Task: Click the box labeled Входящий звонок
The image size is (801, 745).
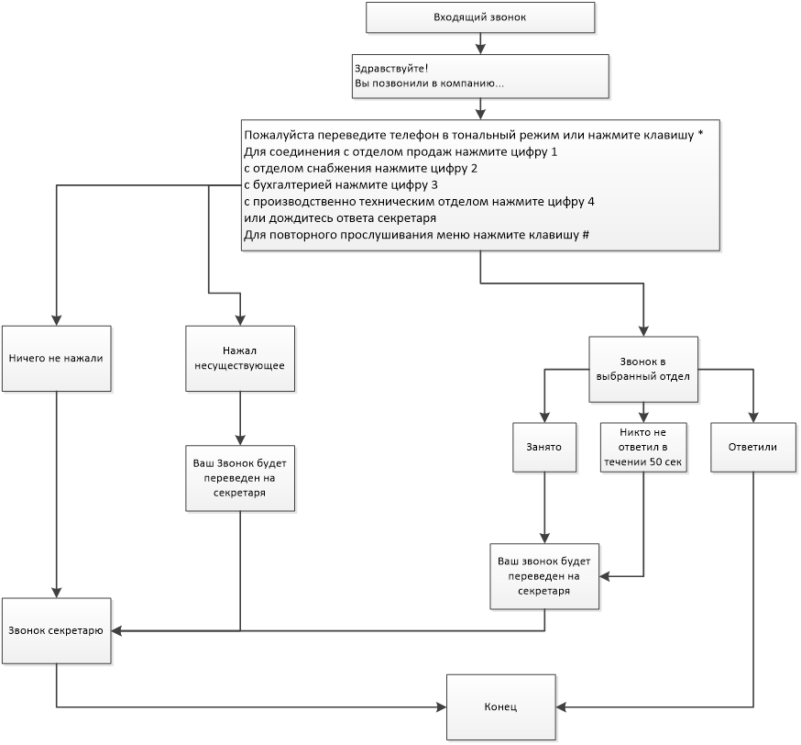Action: (480, 17)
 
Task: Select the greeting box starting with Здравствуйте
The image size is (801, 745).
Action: (480, 76)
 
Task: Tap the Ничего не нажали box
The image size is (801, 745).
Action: (56, 359)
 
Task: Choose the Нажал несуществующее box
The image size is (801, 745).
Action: (240, 359)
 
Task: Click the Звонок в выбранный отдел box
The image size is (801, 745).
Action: (643, 369)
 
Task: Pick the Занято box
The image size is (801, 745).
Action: (544, 447)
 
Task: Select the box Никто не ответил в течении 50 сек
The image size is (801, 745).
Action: (643, 447)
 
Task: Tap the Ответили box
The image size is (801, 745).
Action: (753, 447)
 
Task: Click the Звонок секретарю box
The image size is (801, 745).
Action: (56, 631)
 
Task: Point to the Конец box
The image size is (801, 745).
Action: (501, 707)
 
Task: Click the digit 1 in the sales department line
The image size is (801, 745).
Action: (554, 152)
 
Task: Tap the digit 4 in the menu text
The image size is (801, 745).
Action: (591, 202)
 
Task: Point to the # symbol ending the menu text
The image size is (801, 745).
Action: (586, 235)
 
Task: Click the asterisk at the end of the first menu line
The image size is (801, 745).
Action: (700, 134)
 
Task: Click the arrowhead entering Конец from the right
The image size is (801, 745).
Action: (561, 707)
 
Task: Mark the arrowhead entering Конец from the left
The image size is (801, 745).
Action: (442, 707)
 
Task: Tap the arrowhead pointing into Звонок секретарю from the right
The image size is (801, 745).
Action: (116, 631)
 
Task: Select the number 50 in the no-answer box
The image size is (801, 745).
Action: (656, 462)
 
